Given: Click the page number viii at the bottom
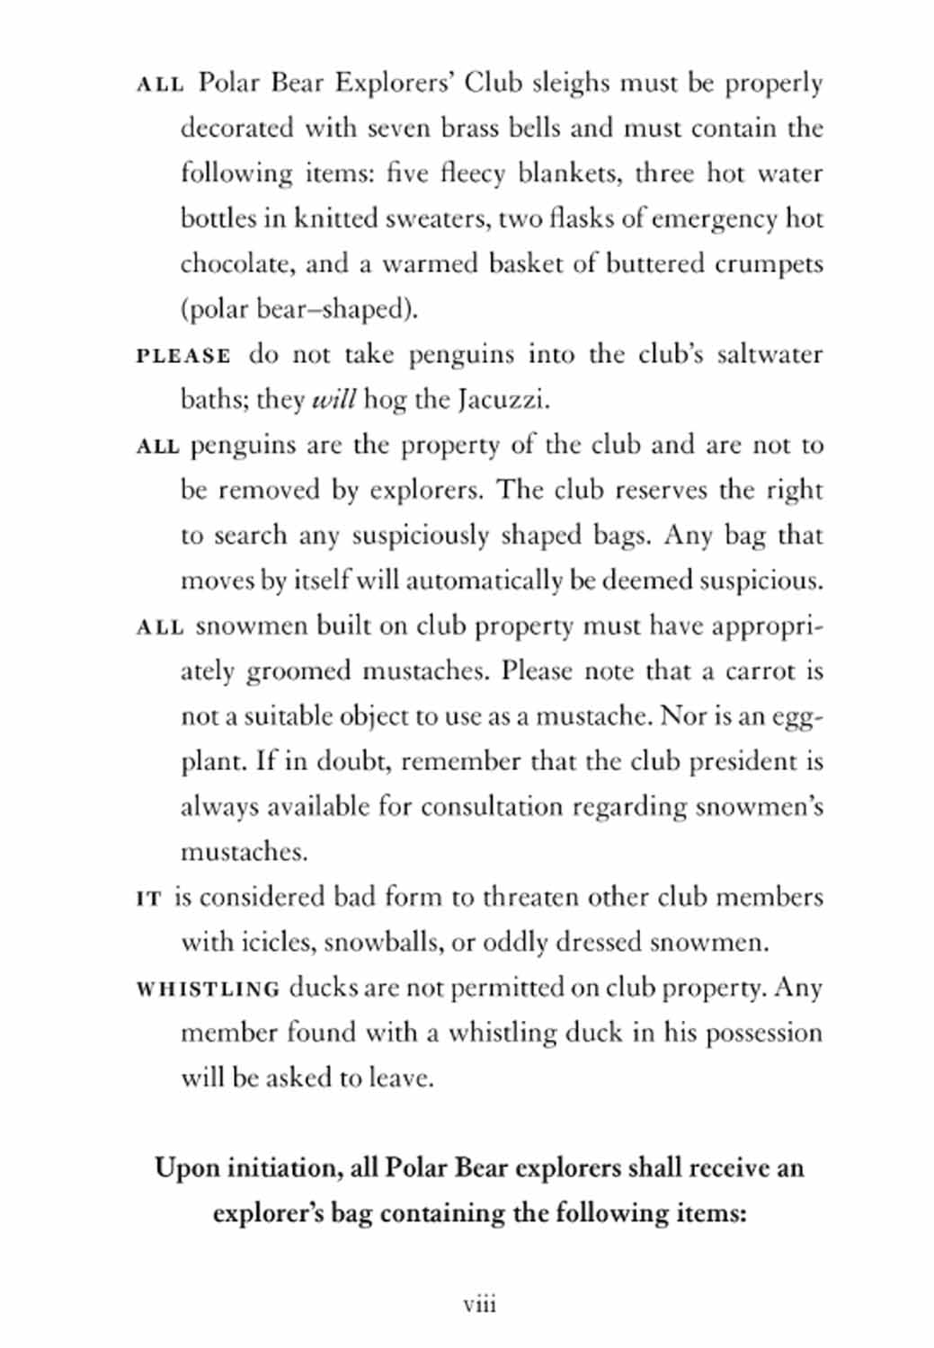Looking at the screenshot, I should pos(479,1304).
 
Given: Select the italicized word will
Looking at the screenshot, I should pos(334,399).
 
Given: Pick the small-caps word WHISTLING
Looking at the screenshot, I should pos(208,989).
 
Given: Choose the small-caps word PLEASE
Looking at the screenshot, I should pos(183,356).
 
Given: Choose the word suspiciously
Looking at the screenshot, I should pos(420,536).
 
